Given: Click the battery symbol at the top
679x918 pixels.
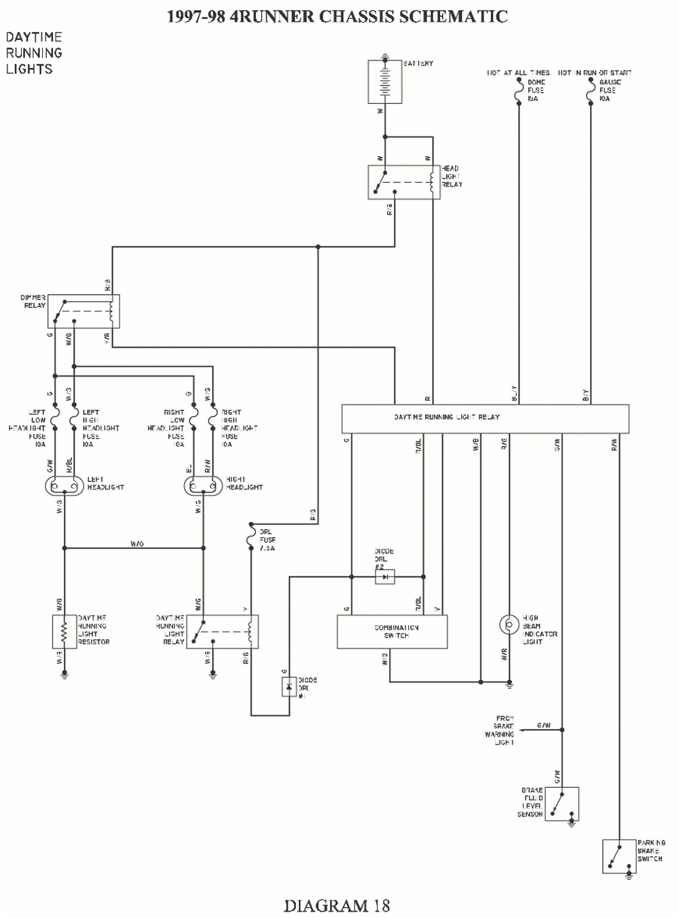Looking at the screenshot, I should [x=384, y=81].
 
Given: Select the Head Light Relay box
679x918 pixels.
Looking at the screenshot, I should [x=404, y=181].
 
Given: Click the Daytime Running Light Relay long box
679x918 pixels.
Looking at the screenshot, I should [x=485, y=418].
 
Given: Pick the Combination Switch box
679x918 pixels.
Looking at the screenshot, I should [x=392, y=632].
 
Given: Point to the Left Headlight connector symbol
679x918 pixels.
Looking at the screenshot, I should [x=65, y=485].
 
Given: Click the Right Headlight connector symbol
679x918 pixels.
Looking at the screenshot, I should [x=204, y=485].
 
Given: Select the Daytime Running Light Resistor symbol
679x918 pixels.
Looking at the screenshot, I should [x=64, y=631].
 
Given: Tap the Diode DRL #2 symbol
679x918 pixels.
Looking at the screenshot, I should [x=384, y=577].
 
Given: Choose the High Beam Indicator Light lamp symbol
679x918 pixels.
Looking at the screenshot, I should [x=507, y=624].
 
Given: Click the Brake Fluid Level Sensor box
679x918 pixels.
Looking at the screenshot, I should [x=562, y=804].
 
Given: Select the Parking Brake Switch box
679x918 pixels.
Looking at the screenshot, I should [x=619, y=856].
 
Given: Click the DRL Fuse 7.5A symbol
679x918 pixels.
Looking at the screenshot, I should [x=251, y=539].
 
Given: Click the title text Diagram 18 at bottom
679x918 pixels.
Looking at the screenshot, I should [x=337, y=905].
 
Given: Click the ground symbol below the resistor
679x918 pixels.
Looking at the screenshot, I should [x=64, y=674].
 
